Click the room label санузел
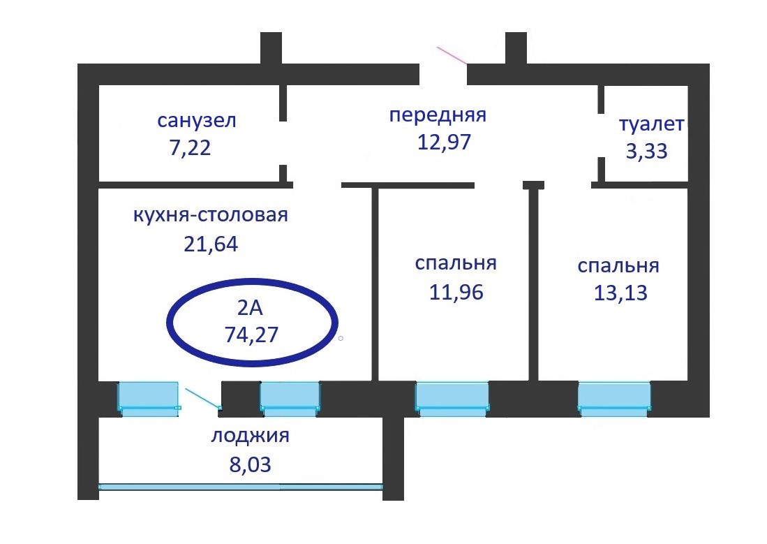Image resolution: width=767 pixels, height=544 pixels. pyautogui.click(x=197, y=121)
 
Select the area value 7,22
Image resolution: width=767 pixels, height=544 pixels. pyautogui.click(x=185, y=149)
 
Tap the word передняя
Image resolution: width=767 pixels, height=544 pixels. pyautogui.click(x=437, y=115)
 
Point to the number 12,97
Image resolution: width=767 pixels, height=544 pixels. pyautogui.click(x=445, y=142)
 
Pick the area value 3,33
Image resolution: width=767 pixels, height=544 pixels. pyautogui.click(x=646, y=152)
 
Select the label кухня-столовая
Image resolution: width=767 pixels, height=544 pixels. pyautogui.click(x=210, y=214)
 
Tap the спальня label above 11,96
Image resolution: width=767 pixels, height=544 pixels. pyautogui.click(x=455, y=263)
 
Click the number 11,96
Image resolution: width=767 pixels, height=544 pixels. pyautogui.click(x=456, y=291)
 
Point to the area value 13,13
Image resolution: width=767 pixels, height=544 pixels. pyautogui.click(x=620, y=293)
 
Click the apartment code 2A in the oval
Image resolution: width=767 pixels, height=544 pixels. pyautogui.click(x=251, y=307)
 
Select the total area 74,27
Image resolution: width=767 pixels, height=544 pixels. pyautogui.click(x=251, y=335)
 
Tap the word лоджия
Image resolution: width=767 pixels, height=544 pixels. pyautogui.click(x=250, y=437)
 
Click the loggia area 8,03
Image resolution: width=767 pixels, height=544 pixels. pyautogui.click(x=250, y=464)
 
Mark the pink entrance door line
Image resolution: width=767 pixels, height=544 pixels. pyautogui.click(x=452, y=55)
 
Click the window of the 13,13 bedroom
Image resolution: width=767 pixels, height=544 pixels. pyautogui.click(x=614, y=398)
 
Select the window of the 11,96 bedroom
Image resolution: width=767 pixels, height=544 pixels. pyautogui.click(x=452, y=398)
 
